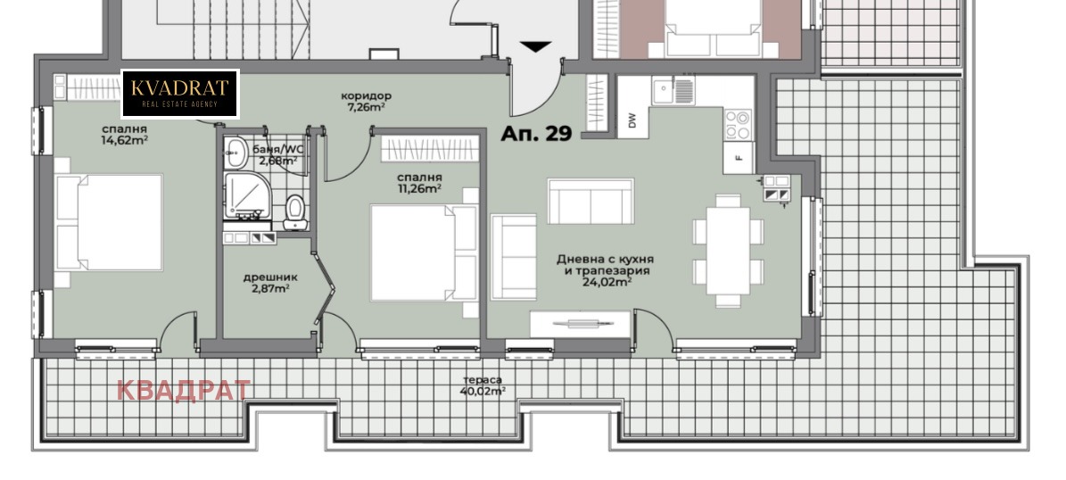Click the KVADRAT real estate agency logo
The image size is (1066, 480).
coord(180,94)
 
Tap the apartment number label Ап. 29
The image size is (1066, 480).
coord(536,134)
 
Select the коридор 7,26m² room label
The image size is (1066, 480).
coord(366,102)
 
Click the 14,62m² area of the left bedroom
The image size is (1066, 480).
coord(124,140)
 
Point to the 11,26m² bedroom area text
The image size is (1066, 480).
coord(419,189)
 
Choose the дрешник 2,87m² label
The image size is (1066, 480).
coord(270,283)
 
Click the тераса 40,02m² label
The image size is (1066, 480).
coord(483,385)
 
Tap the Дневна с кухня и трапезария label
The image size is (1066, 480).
coord(605,265)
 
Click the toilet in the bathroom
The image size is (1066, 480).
coord(295,212)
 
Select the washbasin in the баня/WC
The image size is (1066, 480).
coord(236,153)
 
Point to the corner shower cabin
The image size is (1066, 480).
coord(247,195)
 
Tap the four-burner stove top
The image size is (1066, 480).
coord(739,124)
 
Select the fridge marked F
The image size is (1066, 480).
coord(739,158)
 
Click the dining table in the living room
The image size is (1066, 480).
coord(727,250)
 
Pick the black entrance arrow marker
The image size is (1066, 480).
coord(536,47)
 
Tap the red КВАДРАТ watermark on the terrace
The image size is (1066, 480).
coord(184,390)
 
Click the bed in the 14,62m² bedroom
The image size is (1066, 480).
coord(109,223)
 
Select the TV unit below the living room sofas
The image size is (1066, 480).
coord(580,324)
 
